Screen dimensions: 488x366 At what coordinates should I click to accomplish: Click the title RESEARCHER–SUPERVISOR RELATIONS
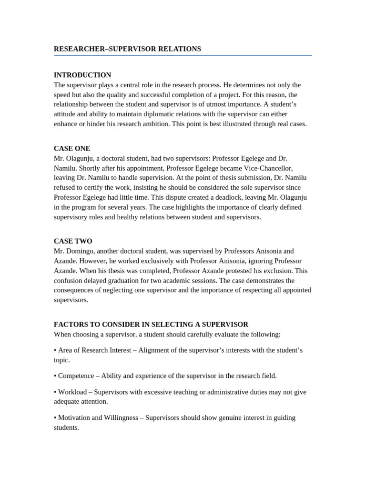[x=127, y=49]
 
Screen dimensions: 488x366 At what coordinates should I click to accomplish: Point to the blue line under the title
[x=183, y=56]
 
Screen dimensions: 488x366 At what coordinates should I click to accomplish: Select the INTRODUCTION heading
[x=82, y=75]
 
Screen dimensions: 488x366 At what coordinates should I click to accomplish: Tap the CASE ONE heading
[x=72, y=148]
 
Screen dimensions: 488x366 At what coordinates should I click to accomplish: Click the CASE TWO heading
[x=73, y=241]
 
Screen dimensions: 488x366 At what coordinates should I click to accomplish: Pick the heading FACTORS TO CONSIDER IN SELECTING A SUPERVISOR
[x=151, y=324]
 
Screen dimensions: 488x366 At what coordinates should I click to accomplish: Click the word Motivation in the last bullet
[x=74, y=417]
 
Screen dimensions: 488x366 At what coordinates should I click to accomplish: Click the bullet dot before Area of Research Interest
[x=55, y=350]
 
